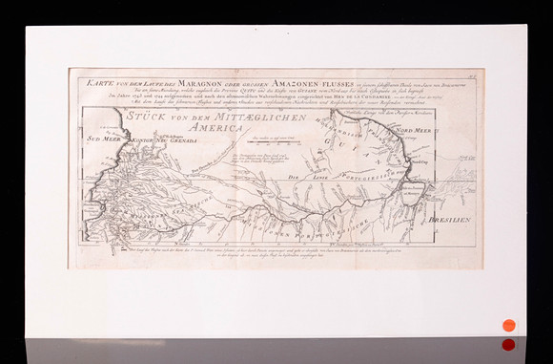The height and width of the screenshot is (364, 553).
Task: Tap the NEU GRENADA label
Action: click(x=175, y=139)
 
